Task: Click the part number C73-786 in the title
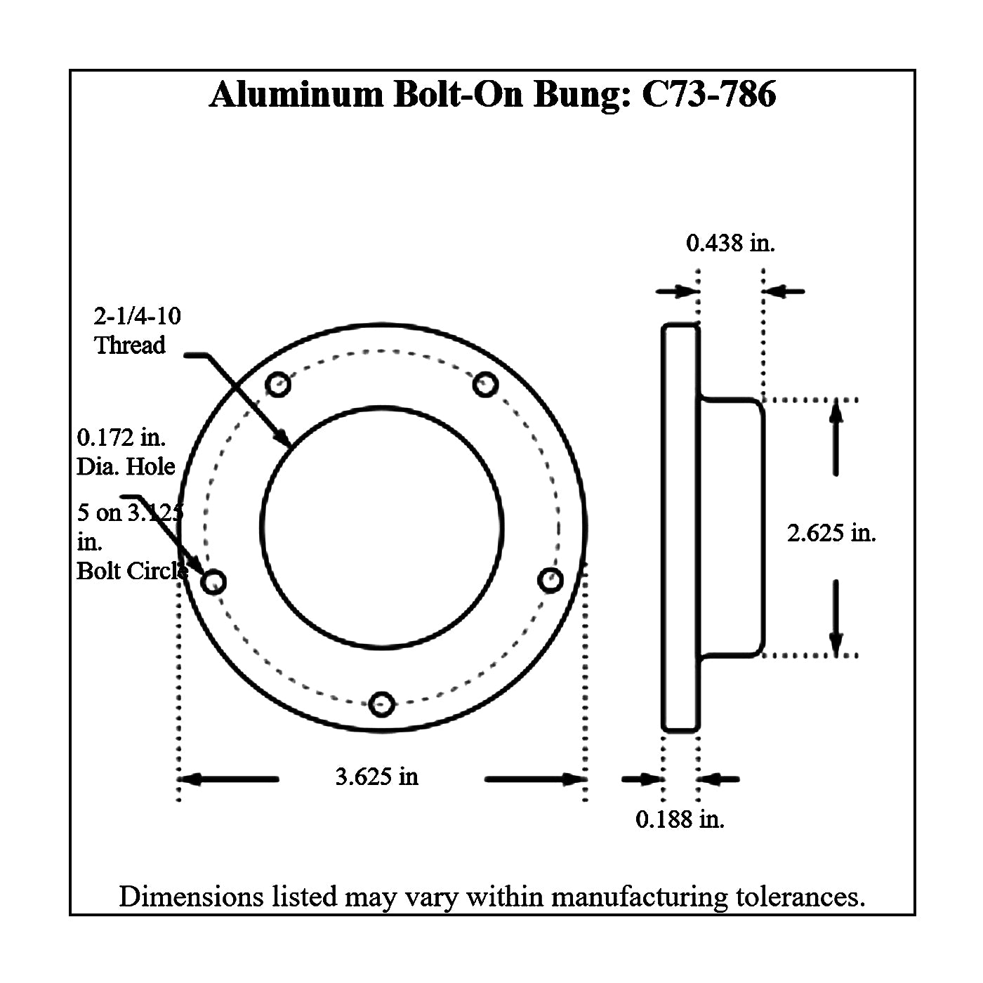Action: click(x=709, y=94)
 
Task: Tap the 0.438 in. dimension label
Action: click(x=730, y=243)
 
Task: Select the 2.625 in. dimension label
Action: click(x=831, y=533)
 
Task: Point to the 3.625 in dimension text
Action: click(x=377, y=777)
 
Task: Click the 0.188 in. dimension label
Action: click(x=680, y=819)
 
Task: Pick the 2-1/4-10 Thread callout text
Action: click(x=137, y=331)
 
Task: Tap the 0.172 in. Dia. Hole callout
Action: click(x=126, y=452)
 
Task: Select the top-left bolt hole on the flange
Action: click(x=278, y=385)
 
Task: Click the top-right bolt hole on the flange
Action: click(x=485, y=385)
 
